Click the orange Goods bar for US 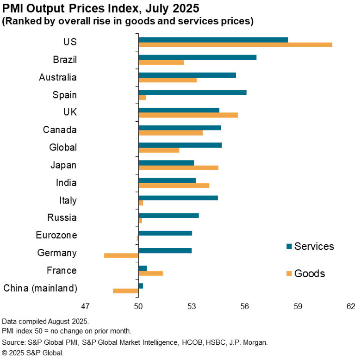pos(235,45)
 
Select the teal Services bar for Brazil pos(197,57)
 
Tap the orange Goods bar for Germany pos(121,255)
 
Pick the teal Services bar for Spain pos(192,93)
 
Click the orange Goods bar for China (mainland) pos(125,291)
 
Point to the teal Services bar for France pos(143,268)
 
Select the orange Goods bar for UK pos(188,115)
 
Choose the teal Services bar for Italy pos(178,198)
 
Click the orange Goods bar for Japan pos(178,168)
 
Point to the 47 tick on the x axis pos(85,306)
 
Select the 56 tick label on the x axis pos(245,306)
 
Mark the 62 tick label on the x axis pos(351,306)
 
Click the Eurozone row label pos(56,236)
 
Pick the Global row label pos(62,148)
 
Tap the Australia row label pos(57,77)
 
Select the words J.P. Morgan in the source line pos(248,342)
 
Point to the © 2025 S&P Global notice pos(32,353)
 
